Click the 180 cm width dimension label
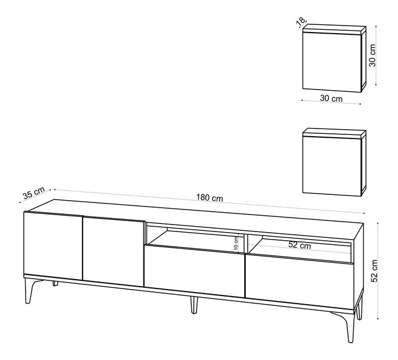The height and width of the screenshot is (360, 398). click(x=210, y=197)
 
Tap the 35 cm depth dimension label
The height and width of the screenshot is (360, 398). click(x=34, y=193)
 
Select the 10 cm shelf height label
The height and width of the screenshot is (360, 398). click(x=236, y=243)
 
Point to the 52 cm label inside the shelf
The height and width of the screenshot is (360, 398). click(x=299, y=245)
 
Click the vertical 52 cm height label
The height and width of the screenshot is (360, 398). click(x=375, y=271)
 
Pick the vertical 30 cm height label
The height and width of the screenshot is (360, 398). click(x=372, y=55)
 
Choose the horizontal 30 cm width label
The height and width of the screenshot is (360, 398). click(x=331, y=98)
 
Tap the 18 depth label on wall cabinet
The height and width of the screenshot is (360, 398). click(x=302, y=21)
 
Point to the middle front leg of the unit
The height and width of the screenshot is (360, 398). click(x=194, y=305)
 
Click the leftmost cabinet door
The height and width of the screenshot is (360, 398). click(x=53, y=245)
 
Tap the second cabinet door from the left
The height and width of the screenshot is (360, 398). click(x=114, y=251)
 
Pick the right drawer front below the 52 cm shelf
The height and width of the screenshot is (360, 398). click(x=300, y=281)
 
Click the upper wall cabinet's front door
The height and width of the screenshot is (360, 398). click(x=332, y=60)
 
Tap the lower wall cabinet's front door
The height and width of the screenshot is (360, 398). click(x=332, y=166)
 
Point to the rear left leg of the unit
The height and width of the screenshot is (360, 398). click(x=55, y=284)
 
